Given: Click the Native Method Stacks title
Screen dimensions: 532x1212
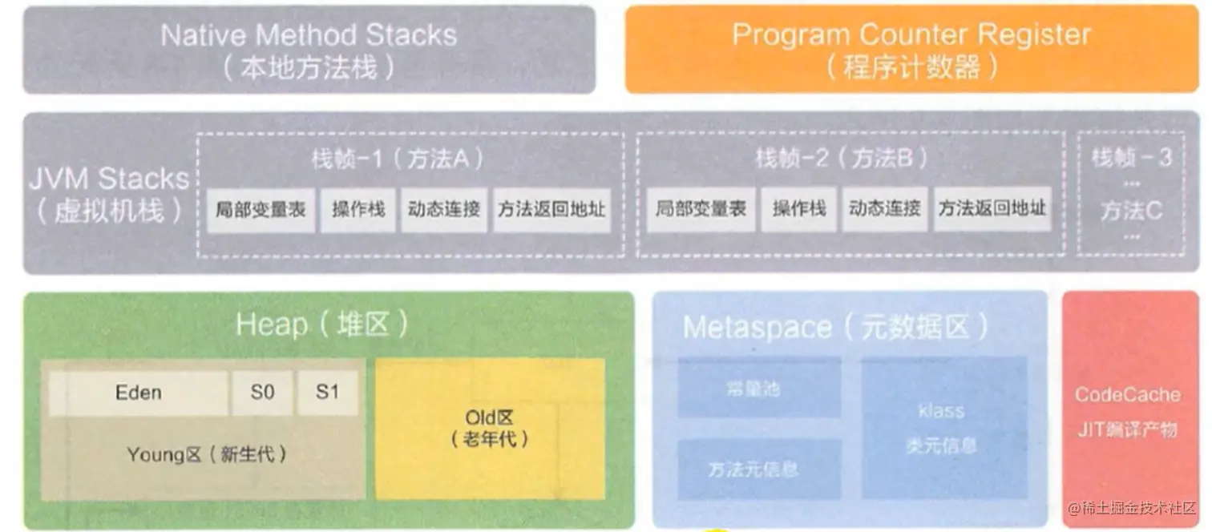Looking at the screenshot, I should pos(309,35).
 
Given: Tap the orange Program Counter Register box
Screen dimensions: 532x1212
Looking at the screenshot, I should pos(911,50).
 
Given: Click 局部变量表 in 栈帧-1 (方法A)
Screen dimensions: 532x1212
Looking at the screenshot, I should pos(261,210).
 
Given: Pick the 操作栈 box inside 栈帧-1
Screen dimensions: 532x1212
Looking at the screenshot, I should pos(358,210).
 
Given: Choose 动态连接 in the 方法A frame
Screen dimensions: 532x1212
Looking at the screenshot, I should pos(444,210).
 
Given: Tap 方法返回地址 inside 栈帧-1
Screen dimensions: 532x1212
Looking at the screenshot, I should pos(551,210).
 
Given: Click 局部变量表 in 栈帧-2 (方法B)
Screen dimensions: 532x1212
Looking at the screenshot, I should pos(701,210).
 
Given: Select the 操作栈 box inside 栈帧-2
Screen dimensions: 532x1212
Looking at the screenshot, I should pos(798,210).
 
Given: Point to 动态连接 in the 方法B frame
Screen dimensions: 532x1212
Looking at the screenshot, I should pos(884,210).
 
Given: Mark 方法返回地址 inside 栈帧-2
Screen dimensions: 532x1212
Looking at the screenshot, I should pos(992,210).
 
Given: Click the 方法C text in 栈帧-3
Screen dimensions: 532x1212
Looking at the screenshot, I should pos(1130,211).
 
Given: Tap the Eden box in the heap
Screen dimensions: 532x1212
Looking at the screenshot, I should pos(139,393).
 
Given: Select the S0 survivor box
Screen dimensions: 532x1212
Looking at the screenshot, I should pos(262,393).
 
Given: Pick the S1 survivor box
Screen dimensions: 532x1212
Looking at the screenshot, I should pos(327,393).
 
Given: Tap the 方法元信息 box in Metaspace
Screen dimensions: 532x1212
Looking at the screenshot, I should pos(753,469).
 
